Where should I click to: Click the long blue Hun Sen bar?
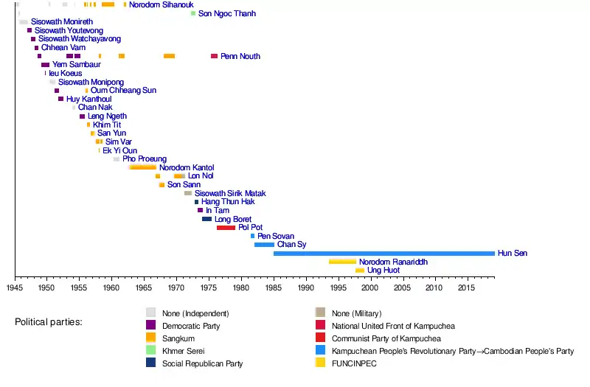(x=383, y=254)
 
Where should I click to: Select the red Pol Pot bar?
(x=226, y=228)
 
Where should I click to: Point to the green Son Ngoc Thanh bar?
(x=193, y=13)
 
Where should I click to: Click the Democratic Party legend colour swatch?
(x=151, y=326)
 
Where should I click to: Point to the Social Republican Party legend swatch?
(x=151, y=363)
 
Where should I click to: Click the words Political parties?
(x=48, y=323)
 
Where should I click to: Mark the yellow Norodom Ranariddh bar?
(x=342, y=262)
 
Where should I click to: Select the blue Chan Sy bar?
(x=264, y=245)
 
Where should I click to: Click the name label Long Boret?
(x=233, y=219)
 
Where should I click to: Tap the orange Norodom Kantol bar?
(x=142, y=167)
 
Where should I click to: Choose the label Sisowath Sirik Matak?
(x=230, y=193)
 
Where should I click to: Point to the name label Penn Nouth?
(x=240, y=56)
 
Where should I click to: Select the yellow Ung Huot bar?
(x=359, y=271)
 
